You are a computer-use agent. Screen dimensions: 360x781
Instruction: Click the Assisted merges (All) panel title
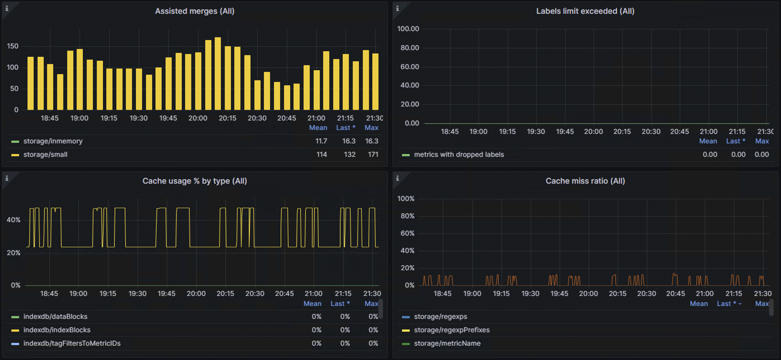coord(195,11)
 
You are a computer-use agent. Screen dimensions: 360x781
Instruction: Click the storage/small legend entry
coord(45,155)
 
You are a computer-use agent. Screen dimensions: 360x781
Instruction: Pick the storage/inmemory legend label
coord(53,141)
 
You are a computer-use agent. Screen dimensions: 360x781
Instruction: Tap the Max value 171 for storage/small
coord(373,155)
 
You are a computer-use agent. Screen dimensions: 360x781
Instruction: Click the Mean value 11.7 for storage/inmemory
coord(321,141)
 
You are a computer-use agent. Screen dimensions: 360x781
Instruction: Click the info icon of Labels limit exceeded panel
coord(397,8)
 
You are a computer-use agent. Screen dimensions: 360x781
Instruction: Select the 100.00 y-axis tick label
coord(408,29)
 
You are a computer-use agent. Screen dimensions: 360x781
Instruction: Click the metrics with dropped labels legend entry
coord(459,155)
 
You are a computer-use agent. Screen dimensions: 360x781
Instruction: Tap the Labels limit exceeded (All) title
coord(585,11)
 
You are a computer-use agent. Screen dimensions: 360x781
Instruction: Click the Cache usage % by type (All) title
coord(195,181)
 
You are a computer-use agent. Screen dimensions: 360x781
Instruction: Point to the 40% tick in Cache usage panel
coord(14,220)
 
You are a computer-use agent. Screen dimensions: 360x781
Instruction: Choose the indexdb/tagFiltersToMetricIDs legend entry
coord(72,343)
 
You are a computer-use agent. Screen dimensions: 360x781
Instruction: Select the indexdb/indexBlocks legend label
coord(57,330)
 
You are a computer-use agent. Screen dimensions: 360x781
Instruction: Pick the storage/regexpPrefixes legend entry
coord(452,330)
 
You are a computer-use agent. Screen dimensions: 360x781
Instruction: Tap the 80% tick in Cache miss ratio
coord(407,216)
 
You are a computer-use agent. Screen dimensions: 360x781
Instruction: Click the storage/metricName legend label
coord(447,343)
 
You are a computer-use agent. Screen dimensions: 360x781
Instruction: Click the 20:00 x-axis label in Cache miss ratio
coord(588,294)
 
